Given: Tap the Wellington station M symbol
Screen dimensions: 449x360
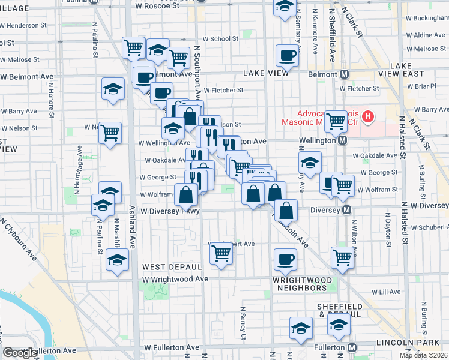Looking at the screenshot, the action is pos(342,140).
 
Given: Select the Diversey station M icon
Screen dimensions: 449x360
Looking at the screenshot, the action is pos(346,210).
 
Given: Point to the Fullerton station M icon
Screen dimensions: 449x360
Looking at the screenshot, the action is pos(352,347).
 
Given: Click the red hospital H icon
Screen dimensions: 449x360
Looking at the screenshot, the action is pos(369,116).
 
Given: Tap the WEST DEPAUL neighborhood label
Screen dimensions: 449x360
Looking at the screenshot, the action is pos(172,266).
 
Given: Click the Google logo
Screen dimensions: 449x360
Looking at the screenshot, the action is pos(20,353).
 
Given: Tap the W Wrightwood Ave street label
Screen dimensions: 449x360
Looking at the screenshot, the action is pos(175,279).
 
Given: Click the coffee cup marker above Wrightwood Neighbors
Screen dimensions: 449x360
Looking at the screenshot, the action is pos(285,259).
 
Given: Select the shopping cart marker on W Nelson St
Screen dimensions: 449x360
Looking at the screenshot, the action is pos(110,133).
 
